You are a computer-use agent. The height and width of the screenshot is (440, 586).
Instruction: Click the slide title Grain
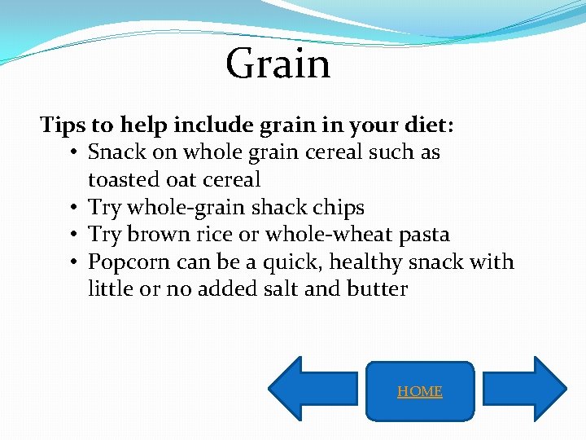278,64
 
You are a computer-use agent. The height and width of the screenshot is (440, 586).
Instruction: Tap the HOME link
420,392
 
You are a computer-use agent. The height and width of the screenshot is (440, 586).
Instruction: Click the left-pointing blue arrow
313,389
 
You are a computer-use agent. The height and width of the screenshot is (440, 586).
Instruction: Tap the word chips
339,207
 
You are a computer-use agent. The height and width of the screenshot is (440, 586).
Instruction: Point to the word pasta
421,235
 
